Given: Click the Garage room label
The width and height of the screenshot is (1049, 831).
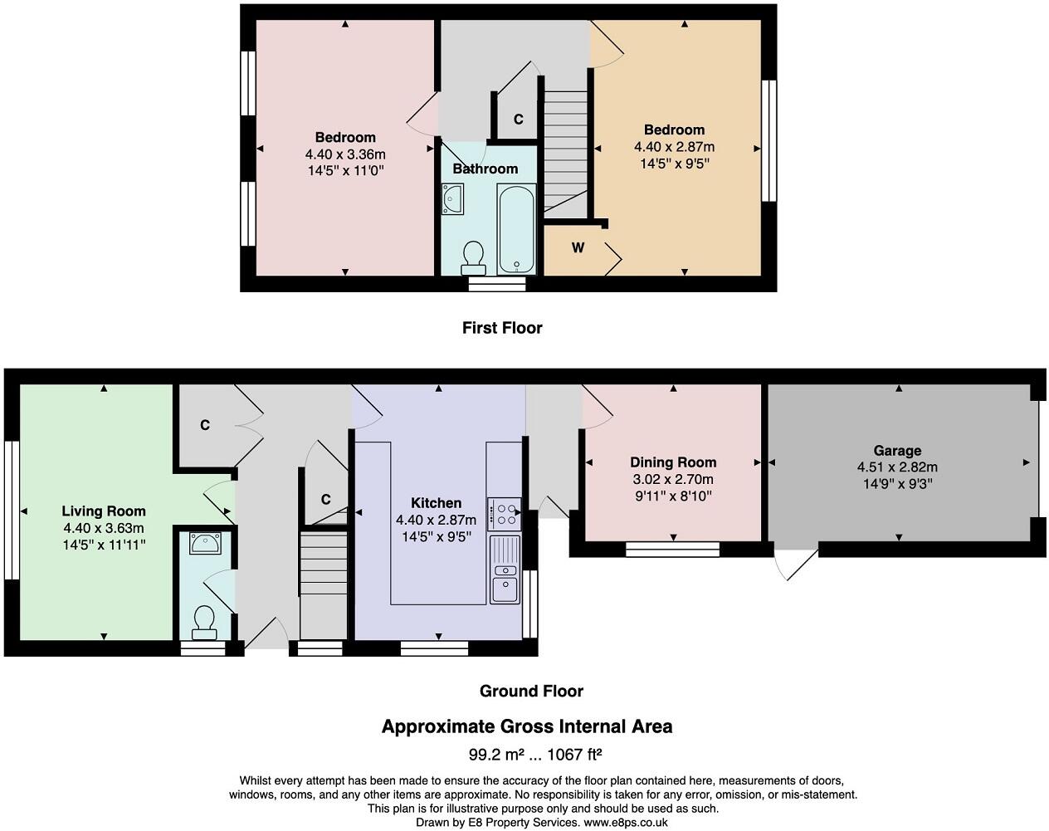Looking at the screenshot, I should [897, 451].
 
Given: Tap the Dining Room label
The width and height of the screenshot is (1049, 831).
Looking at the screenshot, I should [673, 462].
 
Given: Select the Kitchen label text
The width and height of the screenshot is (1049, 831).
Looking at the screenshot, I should [436, 503].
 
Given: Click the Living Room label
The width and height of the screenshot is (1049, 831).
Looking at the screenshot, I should [104, 511].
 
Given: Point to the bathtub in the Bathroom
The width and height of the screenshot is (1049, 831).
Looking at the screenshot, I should [516, 228].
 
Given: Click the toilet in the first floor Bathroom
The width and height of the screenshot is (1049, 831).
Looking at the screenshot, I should [474, 257].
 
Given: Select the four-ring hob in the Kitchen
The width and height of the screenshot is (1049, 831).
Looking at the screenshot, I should [504, 513].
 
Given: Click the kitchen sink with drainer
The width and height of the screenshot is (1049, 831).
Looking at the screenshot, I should [504, 570].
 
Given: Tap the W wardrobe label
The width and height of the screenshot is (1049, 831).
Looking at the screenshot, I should [578, 247].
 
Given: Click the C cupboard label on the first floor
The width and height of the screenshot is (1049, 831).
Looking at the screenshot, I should [518, 120].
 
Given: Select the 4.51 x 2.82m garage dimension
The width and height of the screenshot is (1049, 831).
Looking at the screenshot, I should [897, 467].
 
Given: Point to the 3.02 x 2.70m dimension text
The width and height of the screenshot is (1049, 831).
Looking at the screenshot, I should [673, 479].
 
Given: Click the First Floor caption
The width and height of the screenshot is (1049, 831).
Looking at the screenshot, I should [502, 328].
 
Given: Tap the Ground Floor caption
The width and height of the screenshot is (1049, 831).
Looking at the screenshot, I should [531, 691].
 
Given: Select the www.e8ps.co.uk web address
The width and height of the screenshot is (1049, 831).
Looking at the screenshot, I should [626, 823].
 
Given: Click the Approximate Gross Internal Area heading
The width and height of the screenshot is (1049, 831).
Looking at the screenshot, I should [526, 727].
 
